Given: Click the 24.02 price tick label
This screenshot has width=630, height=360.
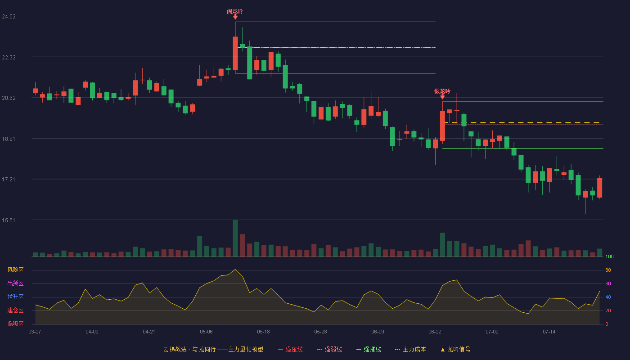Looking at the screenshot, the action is [9, 17].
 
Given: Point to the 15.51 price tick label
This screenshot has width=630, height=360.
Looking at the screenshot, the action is [9, 220].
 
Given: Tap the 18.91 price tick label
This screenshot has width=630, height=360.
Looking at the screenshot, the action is [9, 139].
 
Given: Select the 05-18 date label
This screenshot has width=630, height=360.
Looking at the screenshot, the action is [263, 332].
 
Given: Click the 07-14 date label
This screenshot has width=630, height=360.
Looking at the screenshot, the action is [549, 332].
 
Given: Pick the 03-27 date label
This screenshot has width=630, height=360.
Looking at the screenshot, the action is [35, 332].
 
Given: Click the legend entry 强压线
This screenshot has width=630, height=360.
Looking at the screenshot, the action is [290, 349].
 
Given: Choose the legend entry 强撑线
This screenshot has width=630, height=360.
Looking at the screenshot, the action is [369, 349].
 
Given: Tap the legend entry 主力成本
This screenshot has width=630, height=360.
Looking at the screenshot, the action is [410, 349].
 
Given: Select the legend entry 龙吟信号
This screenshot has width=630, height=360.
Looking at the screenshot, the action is [455, 349].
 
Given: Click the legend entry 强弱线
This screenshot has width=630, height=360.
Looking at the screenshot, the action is [329, 349].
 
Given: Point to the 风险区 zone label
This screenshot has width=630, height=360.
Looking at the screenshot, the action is [15, 270].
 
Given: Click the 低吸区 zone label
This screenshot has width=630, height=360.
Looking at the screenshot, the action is [15, 324].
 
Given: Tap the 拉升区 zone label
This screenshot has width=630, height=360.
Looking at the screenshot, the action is [15, 297].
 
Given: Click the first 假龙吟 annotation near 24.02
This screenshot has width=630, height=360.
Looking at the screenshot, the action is [235, 12].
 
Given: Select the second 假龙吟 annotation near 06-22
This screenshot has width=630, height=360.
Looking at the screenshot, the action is [442, 91].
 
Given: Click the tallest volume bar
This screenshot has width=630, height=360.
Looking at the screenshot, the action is [235, 238].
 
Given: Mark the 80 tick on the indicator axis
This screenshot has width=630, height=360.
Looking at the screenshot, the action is [608, 270].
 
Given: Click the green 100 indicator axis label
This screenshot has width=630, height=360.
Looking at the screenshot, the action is [609, 256].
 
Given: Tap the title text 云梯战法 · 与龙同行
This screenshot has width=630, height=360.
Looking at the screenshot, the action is [189, 349].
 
